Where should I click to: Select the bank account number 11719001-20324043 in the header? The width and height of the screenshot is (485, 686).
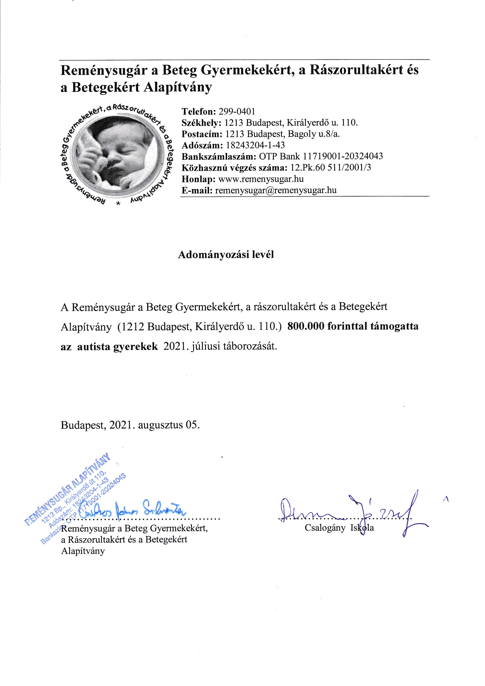click(x=343, y=156)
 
